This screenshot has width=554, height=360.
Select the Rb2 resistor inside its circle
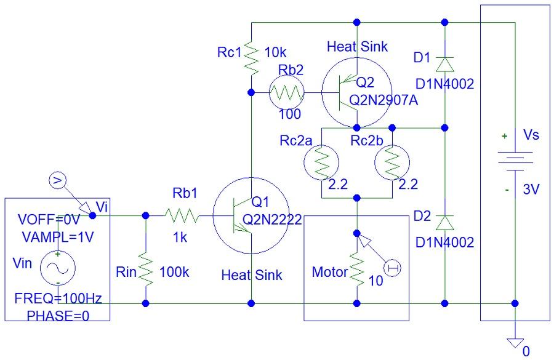(287, 93)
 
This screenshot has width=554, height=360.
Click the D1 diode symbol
(445, 63)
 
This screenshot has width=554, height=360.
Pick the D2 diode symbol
(445, 220)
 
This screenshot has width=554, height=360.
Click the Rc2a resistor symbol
(321, 163)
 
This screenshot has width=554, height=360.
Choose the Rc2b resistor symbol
(392, 163)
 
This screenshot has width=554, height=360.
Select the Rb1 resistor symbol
(182, 216)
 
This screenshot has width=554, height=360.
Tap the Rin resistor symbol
(146, 269)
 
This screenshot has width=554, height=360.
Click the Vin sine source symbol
(57, 268)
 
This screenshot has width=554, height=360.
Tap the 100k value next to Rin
(175, 272)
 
